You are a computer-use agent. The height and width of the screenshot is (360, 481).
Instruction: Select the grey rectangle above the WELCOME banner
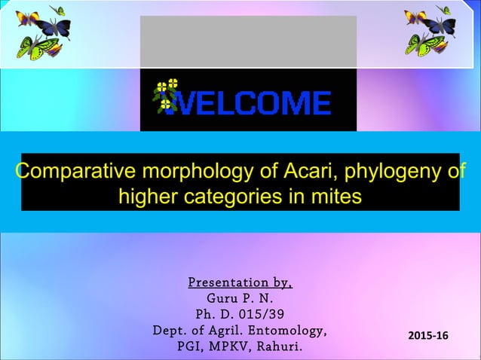[248, 41]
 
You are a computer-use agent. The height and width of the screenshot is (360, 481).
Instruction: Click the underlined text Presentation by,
[240, 283]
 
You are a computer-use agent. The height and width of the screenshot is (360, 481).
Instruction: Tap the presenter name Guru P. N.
[240, 299]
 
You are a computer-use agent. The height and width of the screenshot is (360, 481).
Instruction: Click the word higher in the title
[150, 197]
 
